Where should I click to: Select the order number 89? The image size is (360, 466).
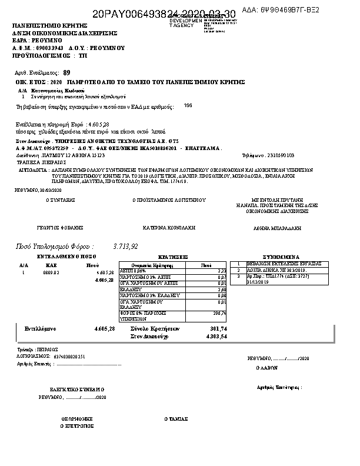coord(66,72)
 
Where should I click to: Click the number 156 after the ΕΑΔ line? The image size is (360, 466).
coord(188,105)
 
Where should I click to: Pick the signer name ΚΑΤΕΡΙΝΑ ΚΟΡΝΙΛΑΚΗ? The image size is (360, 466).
coord(169,227)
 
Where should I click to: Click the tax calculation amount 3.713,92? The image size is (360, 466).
coord(125,246)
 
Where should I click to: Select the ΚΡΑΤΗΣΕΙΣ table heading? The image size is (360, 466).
coord(174,257)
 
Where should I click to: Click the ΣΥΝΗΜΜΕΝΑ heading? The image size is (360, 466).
coord(281,257)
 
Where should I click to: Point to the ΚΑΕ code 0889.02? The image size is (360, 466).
coord(52,273)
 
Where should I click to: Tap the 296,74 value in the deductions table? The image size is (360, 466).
coord(220,313)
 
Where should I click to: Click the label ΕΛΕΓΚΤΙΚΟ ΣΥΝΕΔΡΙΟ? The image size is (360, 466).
coord(76,390)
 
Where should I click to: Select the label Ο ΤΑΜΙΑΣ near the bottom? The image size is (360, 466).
coord(176,419)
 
